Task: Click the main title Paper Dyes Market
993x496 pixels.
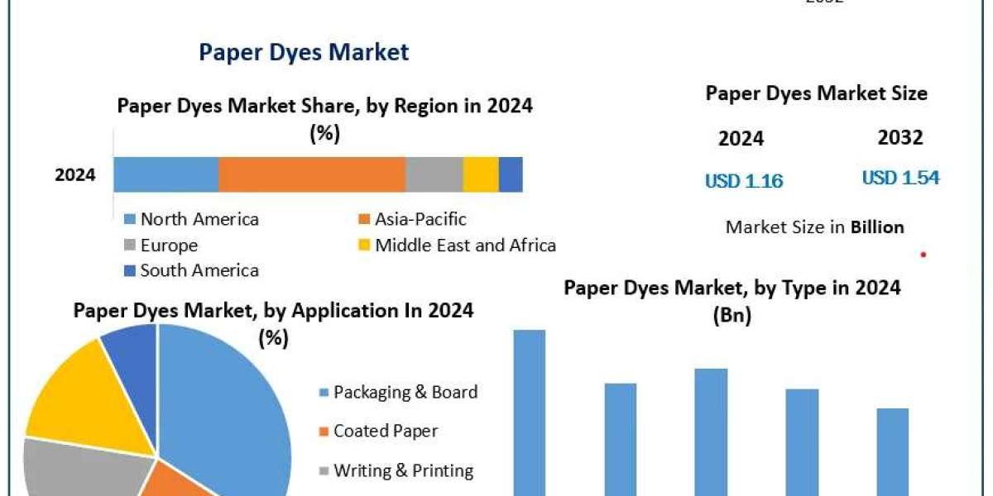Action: (304, 52)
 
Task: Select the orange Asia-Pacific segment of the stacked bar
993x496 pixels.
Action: (312, 174)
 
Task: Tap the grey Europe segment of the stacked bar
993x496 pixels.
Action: (434, 174)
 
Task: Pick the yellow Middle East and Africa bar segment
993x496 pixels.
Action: (480, 174)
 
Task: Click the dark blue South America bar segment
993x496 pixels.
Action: (511, 174)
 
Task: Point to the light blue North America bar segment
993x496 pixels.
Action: (165, 174)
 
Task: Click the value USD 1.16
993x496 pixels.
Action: (744, 180)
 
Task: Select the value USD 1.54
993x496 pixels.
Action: (900, 177)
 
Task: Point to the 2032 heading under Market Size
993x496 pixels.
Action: (899, 137)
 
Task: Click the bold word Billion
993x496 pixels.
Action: (877, 227)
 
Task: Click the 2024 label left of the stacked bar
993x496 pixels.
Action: (75, 174)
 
